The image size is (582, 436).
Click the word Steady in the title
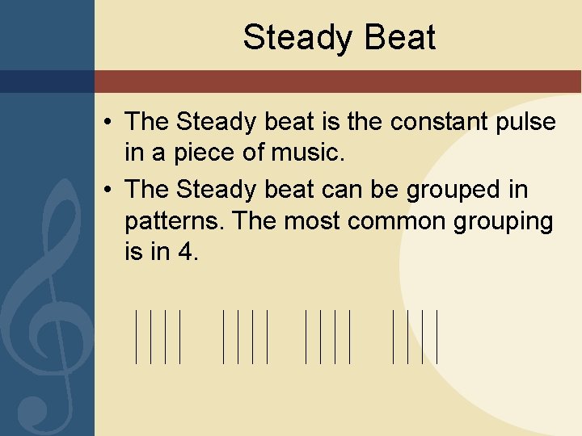pos(289,38)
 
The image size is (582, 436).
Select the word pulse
pos(527,122)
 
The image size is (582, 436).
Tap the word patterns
pos(175,220)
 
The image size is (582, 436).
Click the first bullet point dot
pos(108,124)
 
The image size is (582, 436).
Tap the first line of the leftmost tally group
pos(136,335)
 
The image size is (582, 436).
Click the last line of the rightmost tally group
pos(436,335)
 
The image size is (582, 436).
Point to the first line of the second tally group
pos(223,335)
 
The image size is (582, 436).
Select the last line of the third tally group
pos(350,335)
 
